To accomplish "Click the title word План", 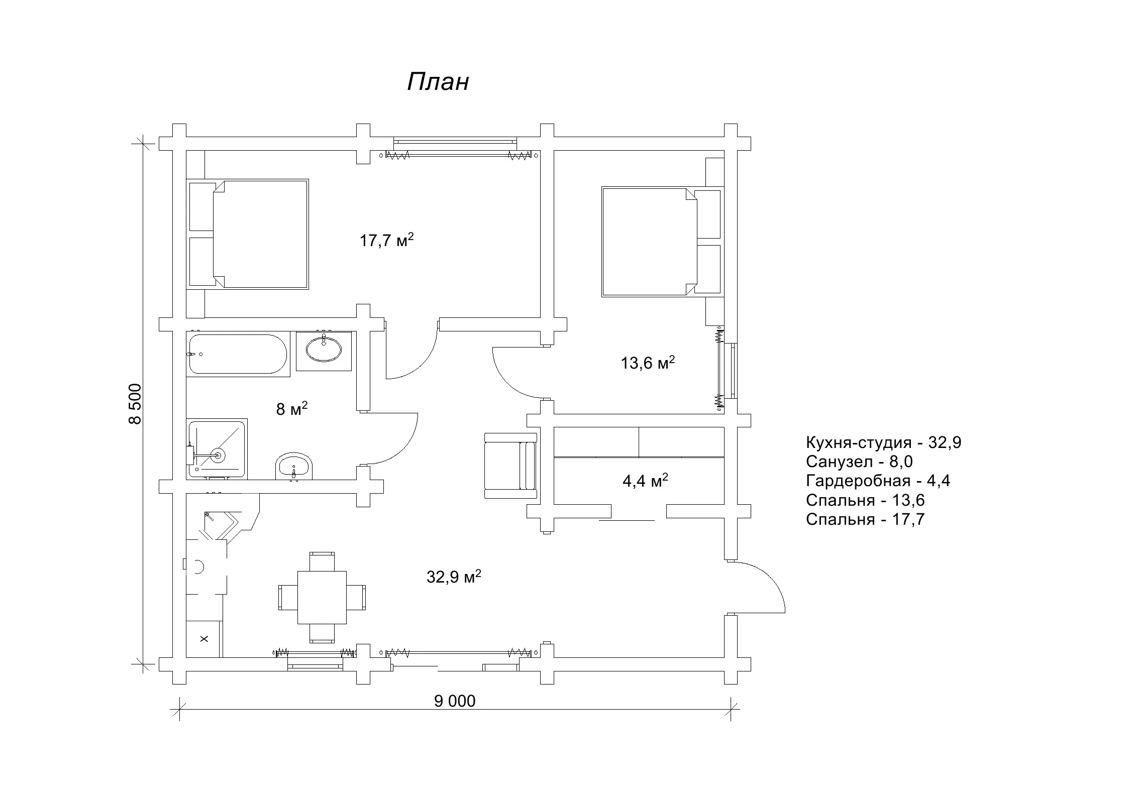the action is (438, 82).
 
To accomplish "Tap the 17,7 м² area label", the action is (386, 240).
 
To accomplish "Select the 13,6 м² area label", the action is (648, 362).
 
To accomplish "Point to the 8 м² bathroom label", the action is (292, 409).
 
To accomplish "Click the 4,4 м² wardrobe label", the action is (645, 481).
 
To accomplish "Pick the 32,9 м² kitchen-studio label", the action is (454, 577).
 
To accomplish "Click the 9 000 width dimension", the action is (455, 701).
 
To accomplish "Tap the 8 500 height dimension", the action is (135, 404).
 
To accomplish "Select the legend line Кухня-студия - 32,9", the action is (883, 442).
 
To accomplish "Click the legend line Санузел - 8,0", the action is (859, 462).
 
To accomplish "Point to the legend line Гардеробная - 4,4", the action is (878, 481).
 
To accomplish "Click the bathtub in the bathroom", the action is (238, 354).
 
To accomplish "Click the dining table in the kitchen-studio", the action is (322, 597).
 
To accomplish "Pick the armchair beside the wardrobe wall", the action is (510, 466).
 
